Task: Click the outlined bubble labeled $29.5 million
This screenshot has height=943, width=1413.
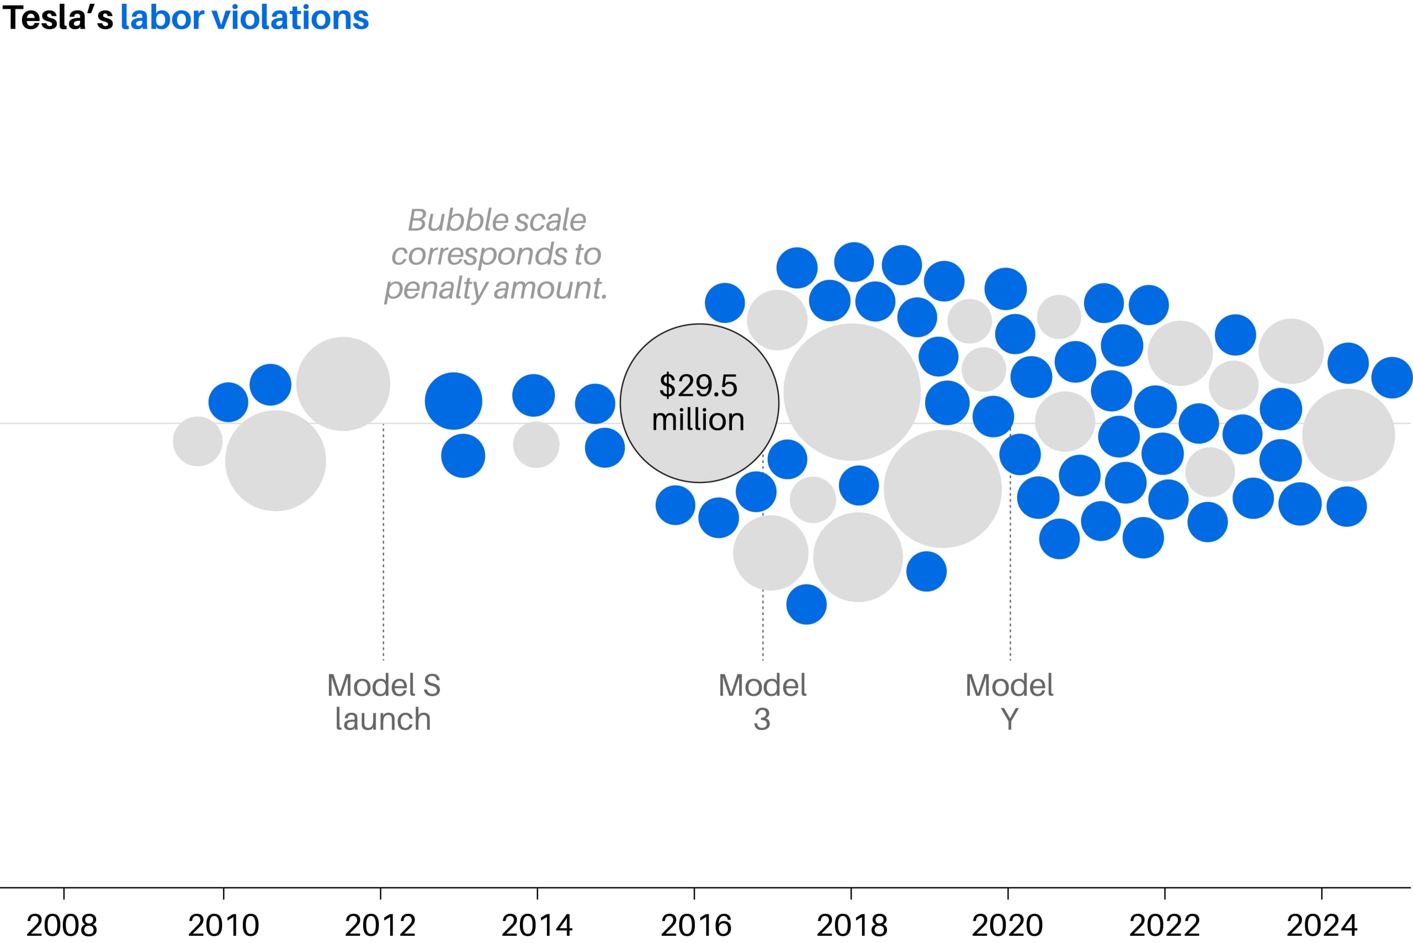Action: pyautogui.click(x=699, y=403)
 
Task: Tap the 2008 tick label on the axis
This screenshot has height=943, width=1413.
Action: pyautogui.click(x=62, y=925)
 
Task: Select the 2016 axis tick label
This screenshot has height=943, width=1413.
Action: pyautogui.click(x=696, y=925)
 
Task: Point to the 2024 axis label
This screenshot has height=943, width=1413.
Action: pyautogui.click(x=1321, y=925)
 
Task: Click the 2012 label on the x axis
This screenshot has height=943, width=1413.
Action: pyautogui.click(x=380, y=925)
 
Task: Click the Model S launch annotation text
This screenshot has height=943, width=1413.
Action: pyautogui.click(x=383, y=702)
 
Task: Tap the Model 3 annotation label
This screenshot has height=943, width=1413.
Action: pyautogui.click(x=762, y=702)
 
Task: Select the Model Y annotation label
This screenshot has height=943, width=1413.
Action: pyautogui.click(x=1010, y=702)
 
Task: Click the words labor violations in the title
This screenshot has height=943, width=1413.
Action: pyautogui.click(x=244, y=18)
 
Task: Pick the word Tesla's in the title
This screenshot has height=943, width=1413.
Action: pyautogui.click(x=58, y=18)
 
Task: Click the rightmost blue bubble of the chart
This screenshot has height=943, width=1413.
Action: pyautogui.click(x=1391, y=377)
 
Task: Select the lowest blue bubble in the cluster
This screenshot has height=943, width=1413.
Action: pyautogui.click(x=806, y=604)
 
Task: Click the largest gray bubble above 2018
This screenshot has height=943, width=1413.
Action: pyautogui.click(x=852, y=392)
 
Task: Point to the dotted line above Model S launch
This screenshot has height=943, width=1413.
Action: pyautogui.click(x=383, y=541)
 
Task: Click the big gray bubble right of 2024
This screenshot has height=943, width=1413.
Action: pyautogui.click(x=1348, y=435)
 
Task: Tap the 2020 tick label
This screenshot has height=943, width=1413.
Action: pyautogui.click(x=1007, y=925)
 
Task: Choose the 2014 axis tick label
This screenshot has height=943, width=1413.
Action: pyautogui.click(x=537, y=925)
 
